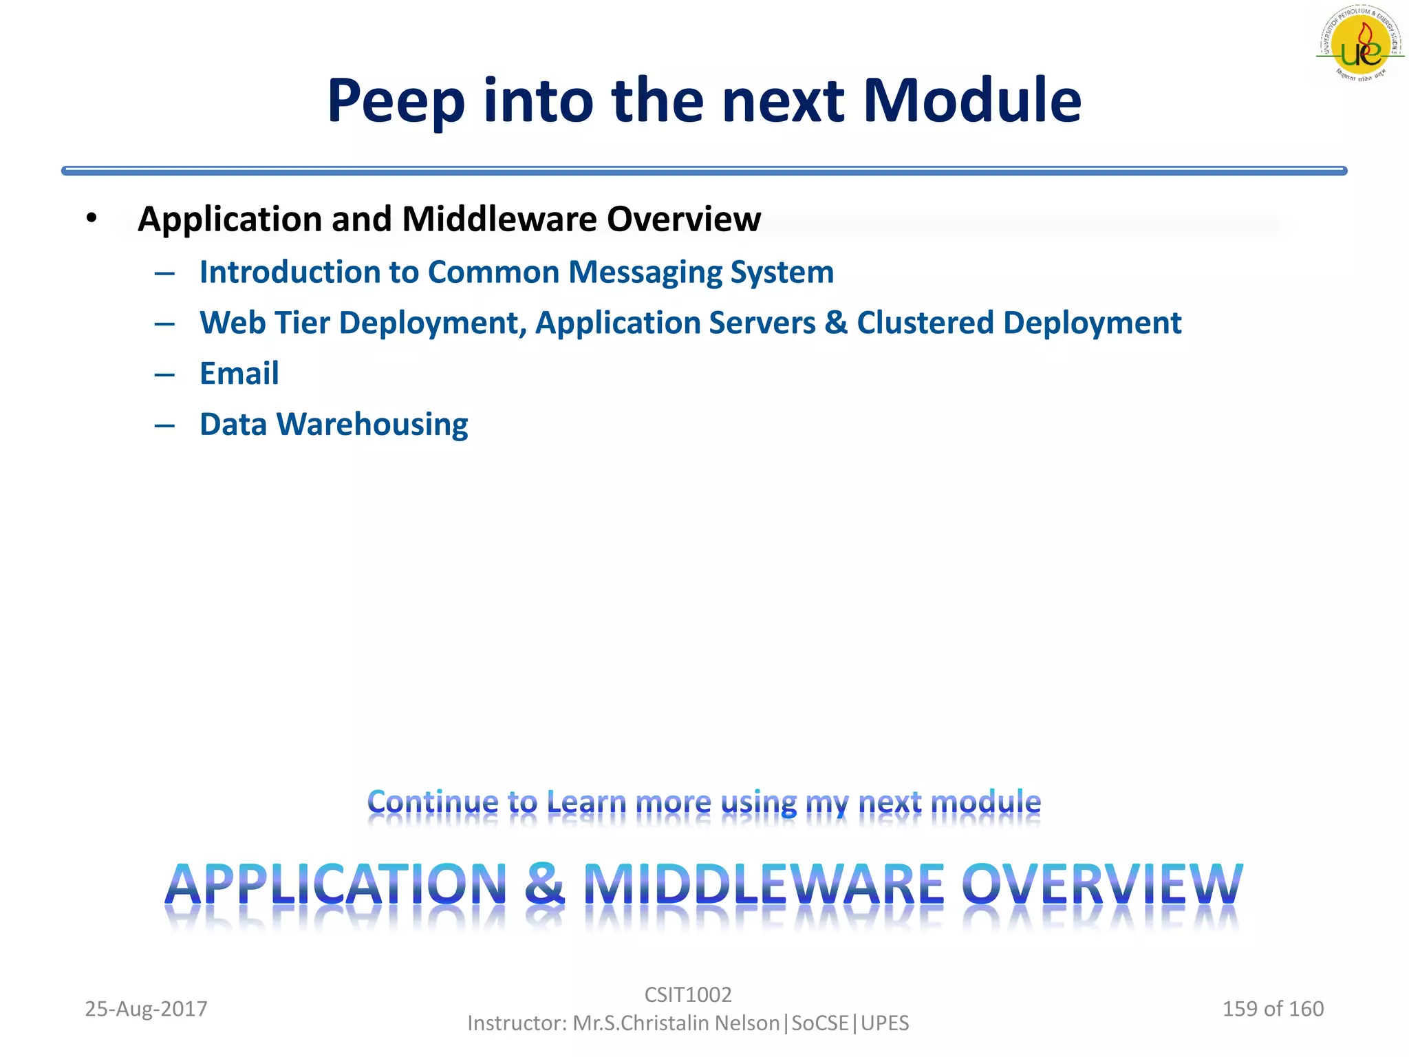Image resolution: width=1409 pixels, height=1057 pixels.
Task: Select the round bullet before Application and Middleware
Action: tap(92, 218)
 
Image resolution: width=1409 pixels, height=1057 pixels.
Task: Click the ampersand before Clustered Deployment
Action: tap(835, 323)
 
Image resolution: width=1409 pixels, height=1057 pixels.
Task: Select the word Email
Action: tap(239, 374)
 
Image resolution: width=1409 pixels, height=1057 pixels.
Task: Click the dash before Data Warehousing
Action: tap(164, 426)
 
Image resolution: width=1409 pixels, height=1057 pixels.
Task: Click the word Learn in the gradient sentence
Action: tap(586, 802)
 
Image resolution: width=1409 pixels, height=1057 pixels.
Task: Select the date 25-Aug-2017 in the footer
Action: tap(146, 1009)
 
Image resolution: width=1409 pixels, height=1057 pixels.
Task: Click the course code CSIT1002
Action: tap(687, 994)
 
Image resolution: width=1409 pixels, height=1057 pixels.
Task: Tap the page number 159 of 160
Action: tap(1272, 1009)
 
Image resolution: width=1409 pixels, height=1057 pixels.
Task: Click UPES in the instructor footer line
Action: tap(885, 1023)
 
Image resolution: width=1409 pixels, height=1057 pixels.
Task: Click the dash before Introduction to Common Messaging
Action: tap(164, 274)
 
